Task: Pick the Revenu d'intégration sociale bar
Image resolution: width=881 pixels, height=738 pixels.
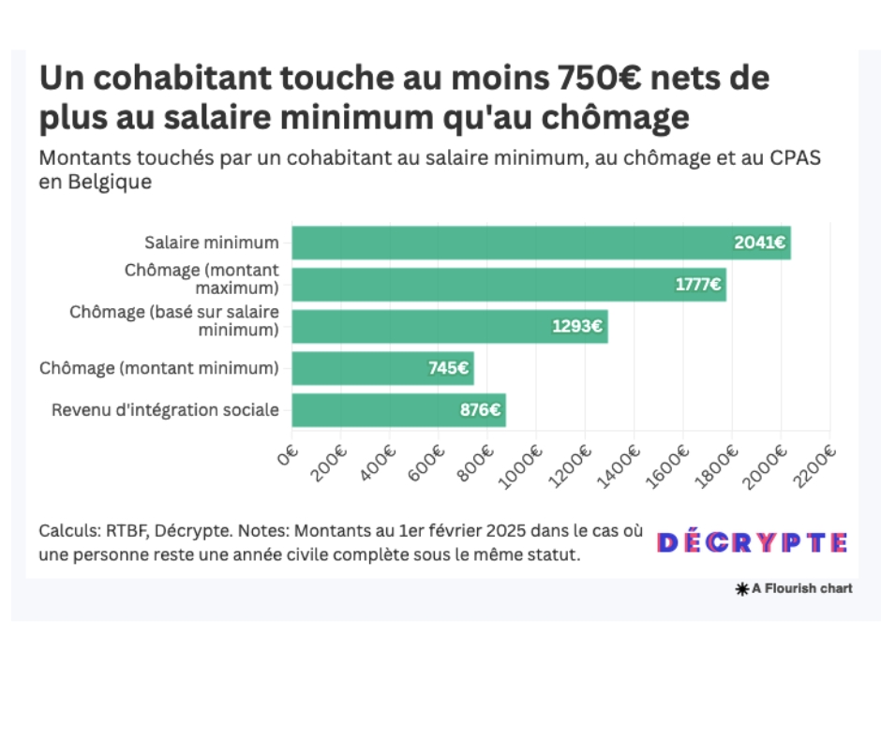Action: click(398, 410)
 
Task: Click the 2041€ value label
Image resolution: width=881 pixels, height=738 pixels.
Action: click(760, 243)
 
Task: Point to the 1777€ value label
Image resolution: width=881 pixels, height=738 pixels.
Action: click(698, 285)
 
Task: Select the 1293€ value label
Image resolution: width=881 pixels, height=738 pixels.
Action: click(578, 327)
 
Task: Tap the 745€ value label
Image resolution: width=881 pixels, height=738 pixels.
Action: click(448, 368)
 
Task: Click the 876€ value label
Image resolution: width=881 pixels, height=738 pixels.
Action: click(480, 410)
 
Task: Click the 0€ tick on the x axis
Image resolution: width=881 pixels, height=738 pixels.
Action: click(288, 457)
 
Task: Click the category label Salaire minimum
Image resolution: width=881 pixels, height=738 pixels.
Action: click(211, 243)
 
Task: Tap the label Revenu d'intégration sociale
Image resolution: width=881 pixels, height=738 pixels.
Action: click(165, 410)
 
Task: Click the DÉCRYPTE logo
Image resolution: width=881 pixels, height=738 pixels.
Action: click(753, 542)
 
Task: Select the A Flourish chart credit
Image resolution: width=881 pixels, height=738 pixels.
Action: click(795, 589)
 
